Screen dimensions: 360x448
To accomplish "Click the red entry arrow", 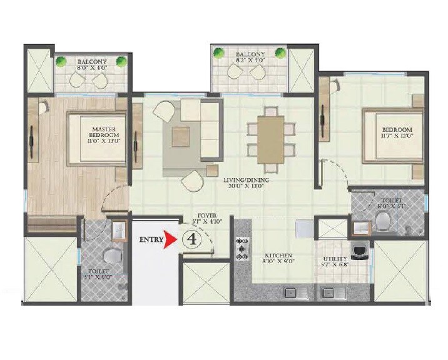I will point(168,239).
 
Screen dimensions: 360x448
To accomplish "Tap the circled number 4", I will point(191,239).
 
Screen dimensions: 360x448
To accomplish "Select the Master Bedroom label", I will point(101,134).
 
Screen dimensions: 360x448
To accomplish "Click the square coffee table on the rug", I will point(181,136).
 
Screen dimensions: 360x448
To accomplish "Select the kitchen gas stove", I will point(242,249).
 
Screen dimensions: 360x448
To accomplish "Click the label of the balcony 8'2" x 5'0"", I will point(250,58).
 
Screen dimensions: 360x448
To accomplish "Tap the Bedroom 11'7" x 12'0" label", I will point(397,134).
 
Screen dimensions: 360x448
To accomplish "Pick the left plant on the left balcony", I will point(62,61).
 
